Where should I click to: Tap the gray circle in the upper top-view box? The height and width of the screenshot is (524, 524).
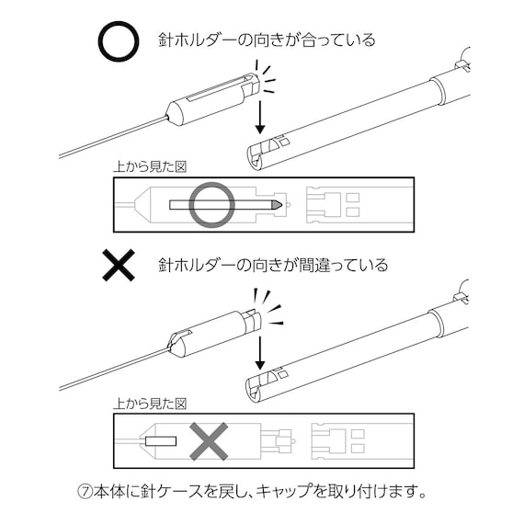click(x=212, y=203)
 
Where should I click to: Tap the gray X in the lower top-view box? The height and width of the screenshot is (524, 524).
click(x=209, y=442)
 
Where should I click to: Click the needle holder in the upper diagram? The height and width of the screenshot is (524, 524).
click(x=211, y=97)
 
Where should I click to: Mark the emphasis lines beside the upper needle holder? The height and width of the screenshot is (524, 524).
click(x=268, y=77)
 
